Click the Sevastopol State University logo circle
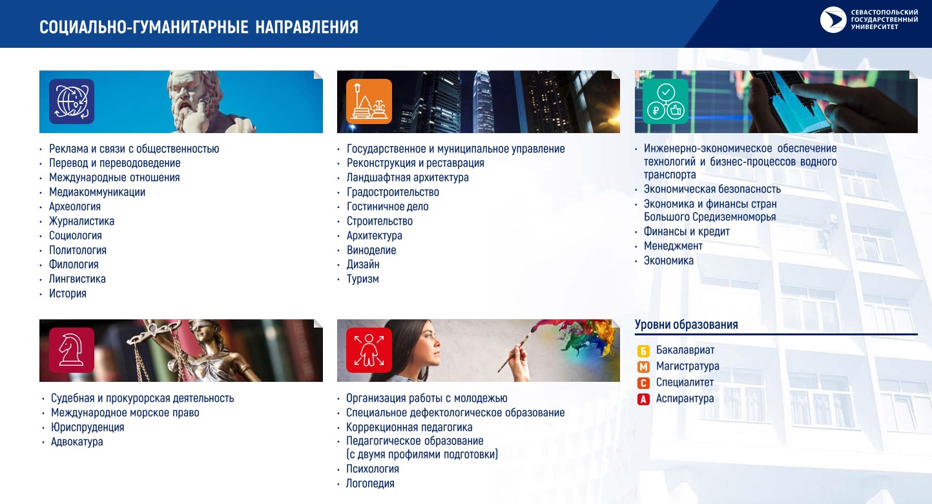pyautogui.click(x=833, y=19)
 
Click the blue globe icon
pyautogui.click(x=72, y=101)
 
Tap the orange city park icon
pyautogui.click(x=369, y=101)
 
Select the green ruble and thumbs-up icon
pyautogui.click(x=666, y=101)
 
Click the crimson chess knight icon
pyautogui.click(x=72, y=350)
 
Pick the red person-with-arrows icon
pyautogui.click(x=369, y=350)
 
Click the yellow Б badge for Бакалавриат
pyautogui.click(x=643, y=351)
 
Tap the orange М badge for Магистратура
pyautogui.click(x=643, y=366)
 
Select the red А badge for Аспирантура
pyautogui.click(x=643, y=399)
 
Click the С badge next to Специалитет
pyautogui.click(x=643, y=383)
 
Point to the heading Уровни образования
pyautogui.click(x=686, y=324)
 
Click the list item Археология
pyautogui.click(x=75, y=206)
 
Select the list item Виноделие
pyautogui.click(x=371, y=250)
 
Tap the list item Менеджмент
pyautogui.click(x=673, y=246)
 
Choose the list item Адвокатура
pyautogui.click(x=77, y=441)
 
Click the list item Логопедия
pyautogui.click(x=370, y=483)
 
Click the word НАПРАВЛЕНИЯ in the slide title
pyautogui.click(x=307, y=27)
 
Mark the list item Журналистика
pyautogui.click(x=81, y=221)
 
